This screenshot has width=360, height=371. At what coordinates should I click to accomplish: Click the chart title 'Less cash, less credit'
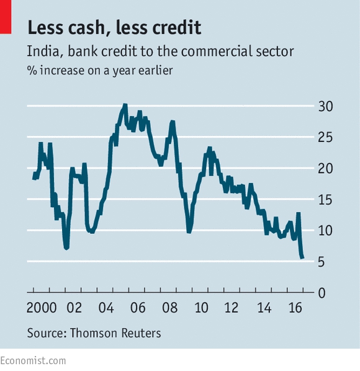(114, 28)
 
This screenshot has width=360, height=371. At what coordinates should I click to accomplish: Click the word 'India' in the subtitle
(43, 51)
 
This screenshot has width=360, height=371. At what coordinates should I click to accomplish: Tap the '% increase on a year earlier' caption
(100, 71)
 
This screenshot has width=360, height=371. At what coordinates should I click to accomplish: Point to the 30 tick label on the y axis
(325, 106)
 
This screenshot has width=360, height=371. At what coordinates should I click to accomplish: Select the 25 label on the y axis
(325, 137)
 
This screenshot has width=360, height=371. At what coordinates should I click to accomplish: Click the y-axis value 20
(325, 169)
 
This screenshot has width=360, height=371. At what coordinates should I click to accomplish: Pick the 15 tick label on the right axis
(325, 200)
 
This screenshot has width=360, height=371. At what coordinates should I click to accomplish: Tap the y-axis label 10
(325, 231)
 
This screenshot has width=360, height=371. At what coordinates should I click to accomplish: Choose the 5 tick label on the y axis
(321, 262)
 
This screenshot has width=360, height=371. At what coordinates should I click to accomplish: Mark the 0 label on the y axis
(322, 293)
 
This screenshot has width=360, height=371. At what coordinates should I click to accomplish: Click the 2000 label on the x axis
(42, 308)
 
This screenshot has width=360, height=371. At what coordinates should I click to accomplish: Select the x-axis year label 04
(106, 308)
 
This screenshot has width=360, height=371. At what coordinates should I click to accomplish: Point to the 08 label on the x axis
(169, 308)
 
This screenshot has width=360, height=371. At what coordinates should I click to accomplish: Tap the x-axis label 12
(232, 308)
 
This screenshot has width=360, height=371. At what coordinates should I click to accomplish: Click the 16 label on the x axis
(295, 308)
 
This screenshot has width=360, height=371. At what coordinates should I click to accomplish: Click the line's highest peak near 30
(125, 104)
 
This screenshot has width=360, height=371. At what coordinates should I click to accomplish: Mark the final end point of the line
(303, 257)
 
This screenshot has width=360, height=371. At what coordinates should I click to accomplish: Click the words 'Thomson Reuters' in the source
(115, 333)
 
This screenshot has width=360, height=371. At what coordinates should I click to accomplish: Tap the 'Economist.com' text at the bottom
(33, 361)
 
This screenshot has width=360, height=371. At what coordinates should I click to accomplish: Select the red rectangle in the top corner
(6, 17)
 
